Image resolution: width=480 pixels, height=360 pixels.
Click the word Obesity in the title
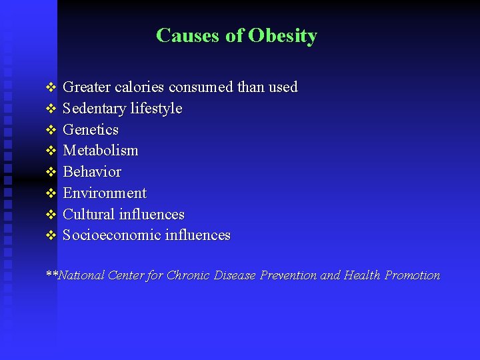[283, 35]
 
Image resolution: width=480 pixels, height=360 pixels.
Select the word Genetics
[91, 129]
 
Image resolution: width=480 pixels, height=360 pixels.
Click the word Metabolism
[100, 151]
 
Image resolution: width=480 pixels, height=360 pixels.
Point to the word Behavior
[92, 172]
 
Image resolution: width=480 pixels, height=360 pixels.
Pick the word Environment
[105, 193]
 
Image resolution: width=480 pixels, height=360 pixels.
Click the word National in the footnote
[81, 275]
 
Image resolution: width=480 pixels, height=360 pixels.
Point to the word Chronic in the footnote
[188, 275]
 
